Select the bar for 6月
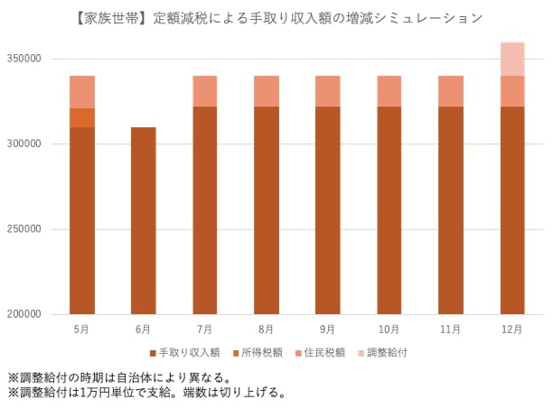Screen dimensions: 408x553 tap(143, 220)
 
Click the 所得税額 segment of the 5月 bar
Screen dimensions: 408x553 tap(81, 117)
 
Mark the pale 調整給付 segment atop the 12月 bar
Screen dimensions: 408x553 tap(511, 59)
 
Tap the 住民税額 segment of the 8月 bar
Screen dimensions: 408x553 tap(266, 91)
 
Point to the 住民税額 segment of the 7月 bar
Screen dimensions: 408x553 tap(204, 91)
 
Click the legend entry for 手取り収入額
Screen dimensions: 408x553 tap(185, 353)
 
